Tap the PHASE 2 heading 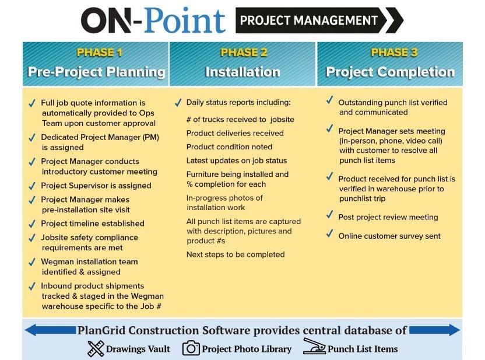click(244, 53)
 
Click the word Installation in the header click(242, 72)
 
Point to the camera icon click(191, 348)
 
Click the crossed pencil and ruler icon click(95, 348)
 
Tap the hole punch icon click(314, 347)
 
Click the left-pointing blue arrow click(50, 331)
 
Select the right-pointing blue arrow click(434, 331)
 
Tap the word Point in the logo click(185, 20)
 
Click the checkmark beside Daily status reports click(178, 103)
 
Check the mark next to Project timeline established click(32, 223)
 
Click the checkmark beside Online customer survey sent click(330, 235)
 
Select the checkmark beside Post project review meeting click(330, 216)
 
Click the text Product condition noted click(229, 146)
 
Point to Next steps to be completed click(236, 254)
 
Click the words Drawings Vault click(138, 349)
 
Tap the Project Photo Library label click(247, 349)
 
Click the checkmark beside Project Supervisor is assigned click(32, 186)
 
